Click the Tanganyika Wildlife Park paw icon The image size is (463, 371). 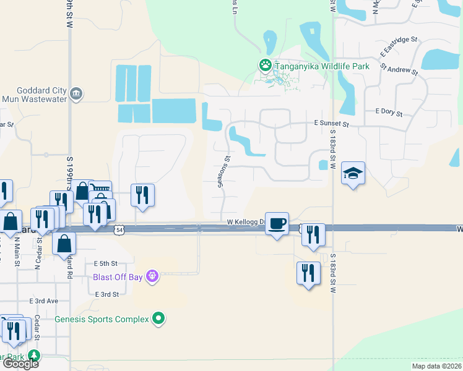pos(265,64)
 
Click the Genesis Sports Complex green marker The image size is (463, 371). pos(159,318)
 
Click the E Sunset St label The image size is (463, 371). pos(332,124)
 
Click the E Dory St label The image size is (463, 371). pos(389,113)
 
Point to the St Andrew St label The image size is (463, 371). pos(399,68)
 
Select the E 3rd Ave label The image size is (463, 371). pos(43,301)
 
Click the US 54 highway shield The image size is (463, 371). pos(118,230)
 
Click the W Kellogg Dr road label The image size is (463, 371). pos(246,222)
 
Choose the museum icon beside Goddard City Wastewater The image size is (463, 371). pos(76,94)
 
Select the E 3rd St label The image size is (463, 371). pos(106,294)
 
